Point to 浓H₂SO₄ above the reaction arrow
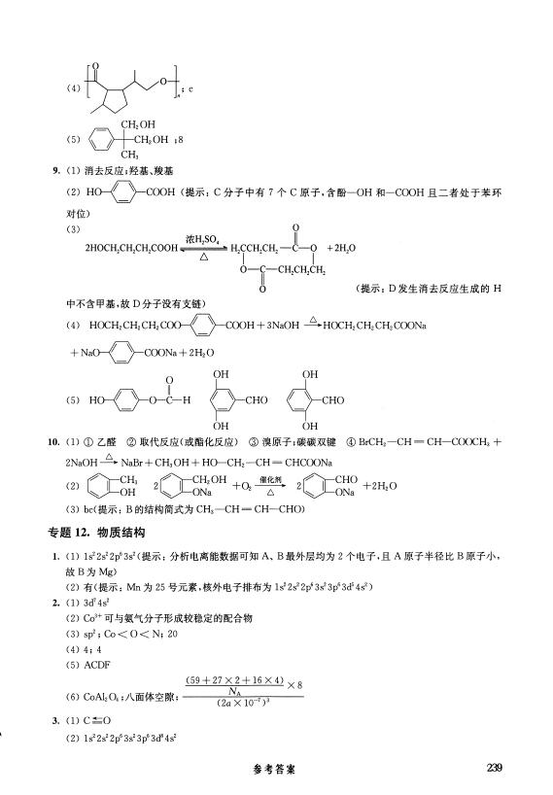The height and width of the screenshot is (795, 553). (202, 236)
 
